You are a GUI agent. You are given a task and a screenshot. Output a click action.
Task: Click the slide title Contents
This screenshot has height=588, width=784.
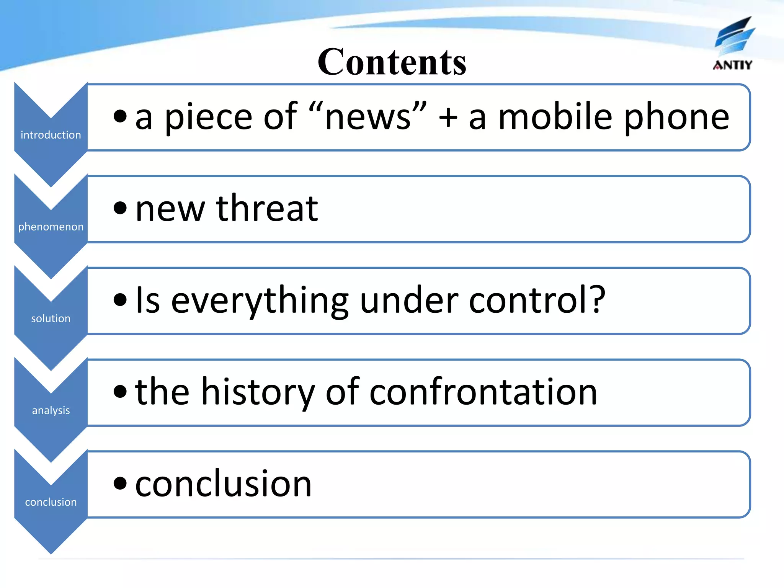click(x=392, y=62)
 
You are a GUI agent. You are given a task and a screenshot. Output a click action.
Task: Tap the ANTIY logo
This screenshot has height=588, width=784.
click(x=733, y=44)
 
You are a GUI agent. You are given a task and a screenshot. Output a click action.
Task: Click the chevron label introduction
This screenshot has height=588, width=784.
click(x=51, y=135)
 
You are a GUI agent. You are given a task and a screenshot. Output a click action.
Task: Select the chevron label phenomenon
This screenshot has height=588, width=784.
click(x=51, y=227)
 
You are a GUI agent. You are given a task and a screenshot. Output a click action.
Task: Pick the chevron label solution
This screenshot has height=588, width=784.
click(x=51, y=318)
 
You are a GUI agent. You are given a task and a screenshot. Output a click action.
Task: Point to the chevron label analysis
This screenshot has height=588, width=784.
click(x=51, y=410)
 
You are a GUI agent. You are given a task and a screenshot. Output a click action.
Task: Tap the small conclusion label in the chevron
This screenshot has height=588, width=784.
click(x=51, y=502)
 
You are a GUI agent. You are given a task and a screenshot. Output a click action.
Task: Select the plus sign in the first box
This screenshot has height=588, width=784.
click(x=448, y=117)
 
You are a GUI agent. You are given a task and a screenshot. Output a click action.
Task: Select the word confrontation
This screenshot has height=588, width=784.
click(x=483, y=392)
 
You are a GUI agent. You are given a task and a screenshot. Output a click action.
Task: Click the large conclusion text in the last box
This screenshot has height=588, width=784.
click(x=224, y=484)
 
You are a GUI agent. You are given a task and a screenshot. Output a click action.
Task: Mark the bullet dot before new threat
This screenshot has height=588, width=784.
click(x=120, y=208)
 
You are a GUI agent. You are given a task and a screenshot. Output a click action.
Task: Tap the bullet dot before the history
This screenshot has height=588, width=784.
click(x=120, y=391)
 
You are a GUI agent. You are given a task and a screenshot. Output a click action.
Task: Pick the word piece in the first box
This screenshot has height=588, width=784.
click(x=208, y=118)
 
